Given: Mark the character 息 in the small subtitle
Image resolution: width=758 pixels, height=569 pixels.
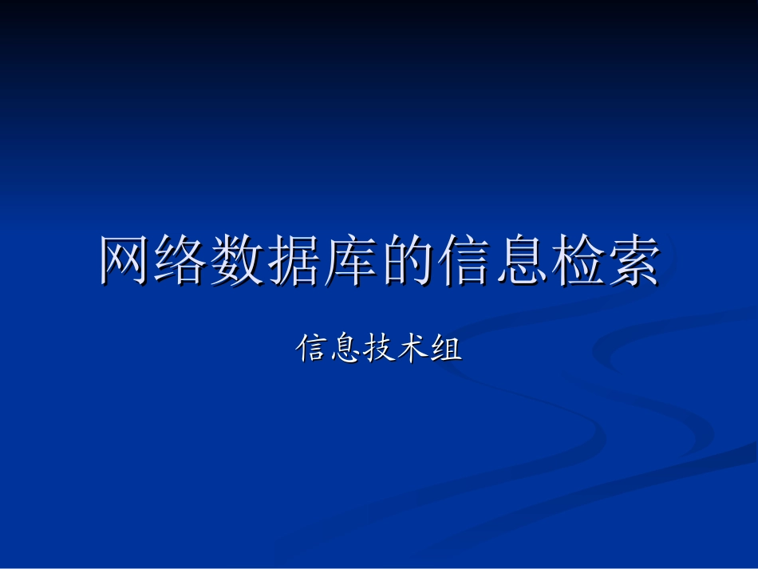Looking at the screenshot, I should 345,348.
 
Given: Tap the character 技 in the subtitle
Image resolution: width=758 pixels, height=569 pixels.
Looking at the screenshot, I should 379,348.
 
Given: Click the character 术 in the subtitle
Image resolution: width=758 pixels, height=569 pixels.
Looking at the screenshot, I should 413,348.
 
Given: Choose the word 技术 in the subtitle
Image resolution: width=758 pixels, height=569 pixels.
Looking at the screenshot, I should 396,348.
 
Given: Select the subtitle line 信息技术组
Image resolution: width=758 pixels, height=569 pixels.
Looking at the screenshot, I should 379,348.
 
